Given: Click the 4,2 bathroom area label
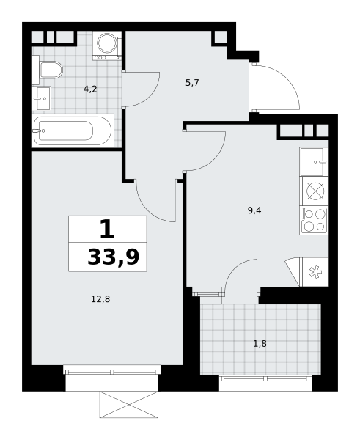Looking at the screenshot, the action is (90, 89).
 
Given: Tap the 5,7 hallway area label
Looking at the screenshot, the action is (192, 83).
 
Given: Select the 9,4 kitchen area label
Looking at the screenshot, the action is (254, 210).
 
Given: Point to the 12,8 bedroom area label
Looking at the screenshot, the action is (100, 299).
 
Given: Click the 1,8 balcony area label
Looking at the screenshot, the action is (260, 343).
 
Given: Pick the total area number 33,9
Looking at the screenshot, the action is (114, 257).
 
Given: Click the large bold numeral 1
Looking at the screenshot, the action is (107, 229).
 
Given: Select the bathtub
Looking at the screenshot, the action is (73, 131).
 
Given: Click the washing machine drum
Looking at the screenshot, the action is (107, 43).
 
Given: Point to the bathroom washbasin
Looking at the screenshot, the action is (41, 98).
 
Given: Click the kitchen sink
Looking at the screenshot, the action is (314, 161).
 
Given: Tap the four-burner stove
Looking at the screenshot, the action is (314, 221).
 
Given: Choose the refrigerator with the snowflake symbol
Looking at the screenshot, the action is (315, 272).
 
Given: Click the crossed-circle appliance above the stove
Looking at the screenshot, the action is (315, 191).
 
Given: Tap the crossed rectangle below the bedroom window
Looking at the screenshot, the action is (129, 405).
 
